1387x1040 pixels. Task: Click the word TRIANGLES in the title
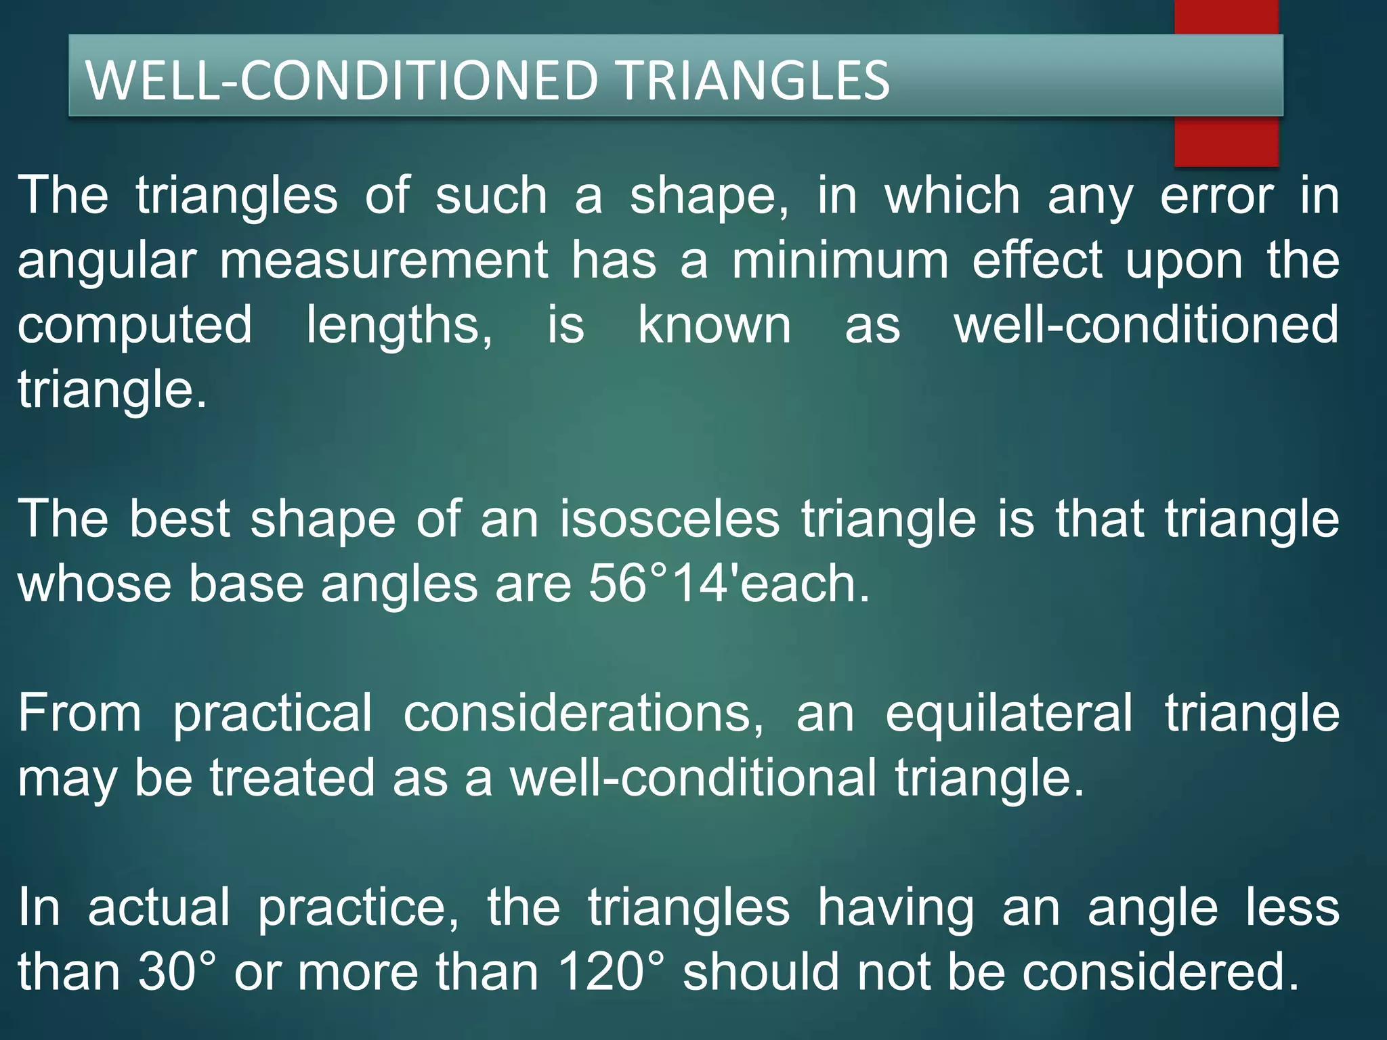click(x=754, y=80)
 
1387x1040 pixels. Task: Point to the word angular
click(x=107, y=262)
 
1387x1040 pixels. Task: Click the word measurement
click(x=384, y=261)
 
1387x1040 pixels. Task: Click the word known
click(x=714, y=325)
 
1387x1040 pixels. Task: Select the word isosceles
click(x=670, y=519)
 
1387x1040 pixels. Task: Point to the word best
click(x=180, y=519)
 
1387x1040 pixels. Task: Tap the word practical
click(x=272, y=715)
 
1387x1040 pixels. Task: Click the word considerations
click(x=583, y=714)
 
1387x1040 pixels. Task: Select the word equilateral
click(x=1008, y=714)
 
